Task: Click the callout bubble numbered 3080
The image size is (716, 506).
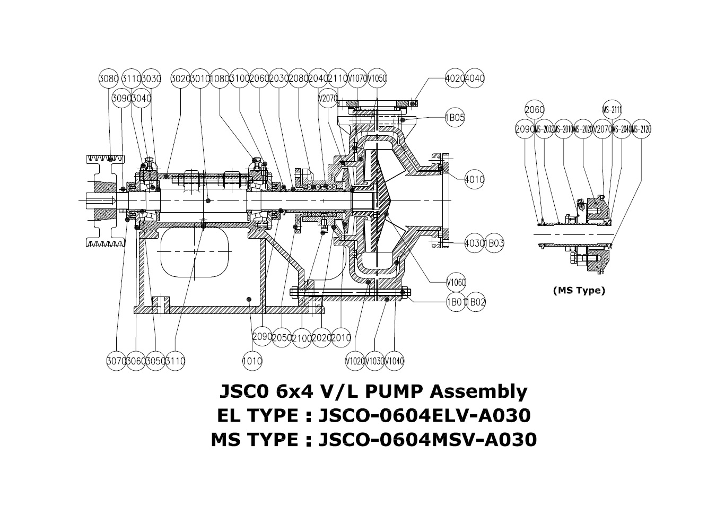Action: click(x=108, y=78)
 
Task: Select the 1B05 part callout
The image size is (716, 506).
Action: click(x=455, y=118)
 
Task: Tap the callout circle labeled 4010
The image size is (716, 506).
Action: click(x=474, y=179)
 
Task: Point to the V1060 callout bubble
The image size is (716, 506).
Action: click(x=456, y=282)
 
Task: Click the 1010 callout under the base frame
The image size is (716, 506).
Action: click(x=252, y=361)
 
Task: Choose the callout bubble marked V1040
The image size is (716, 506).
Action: click(x=395, y=361)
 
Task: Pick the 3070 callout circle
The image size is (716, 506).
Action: click(x=116, y=361)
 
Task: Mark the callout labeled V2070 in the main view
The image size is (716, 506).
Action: click(x=328, y=98)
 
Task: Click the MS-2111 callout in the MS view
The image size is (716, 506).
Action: click(x=612, y=110)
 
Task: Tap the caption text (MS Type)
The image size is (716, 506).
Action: click(x=579, y=290)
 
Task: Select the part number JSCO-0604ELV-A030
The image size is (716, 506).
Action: click(x=424, y=415)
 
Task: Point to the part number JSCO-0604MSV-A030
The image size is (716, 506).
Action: click(x=427, y=440)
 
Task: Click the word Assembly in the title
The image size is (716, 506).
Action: click(x=478, y=391)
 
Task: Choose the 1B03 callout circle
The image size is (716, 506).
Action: click(x=494, y=243)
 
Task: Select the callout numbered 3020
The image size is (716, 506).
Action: click(x=180, y=78)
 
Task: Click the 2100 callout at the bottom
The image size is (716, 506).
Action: click(x=301, y=338)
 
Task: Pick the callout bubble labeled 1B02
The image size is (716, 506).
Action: click(x=475, y=302)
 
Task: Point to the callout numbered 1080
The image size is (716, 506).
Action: click(x=220, y=78)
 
